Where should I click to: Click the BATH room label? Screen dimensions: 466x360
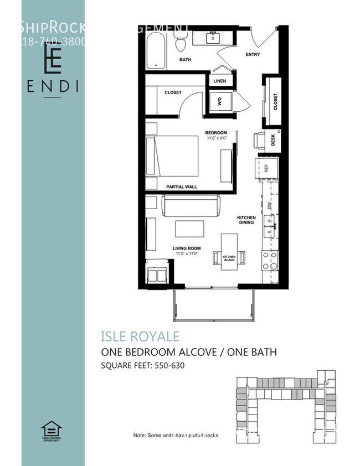185,59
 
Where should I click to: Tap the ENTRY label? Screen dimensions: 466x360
253,54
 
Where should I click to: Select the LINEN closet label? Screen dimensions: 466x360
219,81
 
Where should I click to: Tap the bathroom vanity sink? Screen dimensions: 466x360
213,38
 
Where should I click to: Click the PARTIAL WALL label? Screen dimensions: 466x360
182,187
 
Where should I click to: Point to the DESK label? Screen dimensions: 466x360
273,141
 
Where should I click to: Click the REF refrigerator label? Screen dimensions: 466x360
266,169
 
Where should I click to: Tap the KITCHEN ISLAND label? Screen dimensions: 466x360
229,258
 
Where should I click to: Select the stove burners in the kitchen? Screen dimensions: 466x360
270,261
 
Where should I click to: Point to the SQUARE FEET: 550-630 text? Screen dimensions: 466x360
142,366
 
